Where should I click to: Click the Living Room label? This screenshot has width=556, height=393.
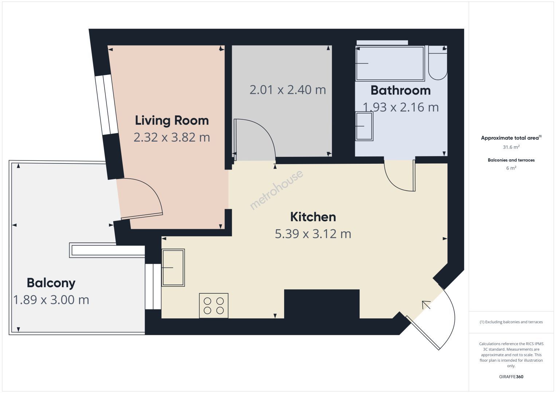(172, 120)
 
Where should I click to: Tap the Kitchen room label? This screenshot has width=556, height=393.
(313, 217)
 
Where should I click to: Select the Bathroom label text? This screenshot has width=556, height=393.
(401, 90)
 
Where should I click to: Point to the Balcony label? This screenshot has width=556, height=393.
(51, 283)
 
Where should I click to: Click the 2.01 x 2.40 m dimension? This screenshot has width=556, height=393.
(288, 90)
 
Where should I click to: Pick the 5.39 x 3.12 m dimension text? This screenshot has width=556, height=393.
(313, 234)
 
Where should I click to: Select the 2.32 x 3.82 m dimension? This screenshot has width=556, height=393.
(172, 137)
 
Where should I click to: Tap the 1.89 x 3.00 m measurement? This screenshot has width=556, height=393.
(51, 300)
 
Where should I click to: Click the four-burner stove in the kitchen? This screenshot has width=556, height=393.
(214, 306)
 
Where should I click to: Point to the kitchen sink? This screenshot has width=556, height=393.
(173, 267)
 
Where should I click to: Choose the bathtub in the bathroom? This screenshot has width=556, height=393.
(390, 63)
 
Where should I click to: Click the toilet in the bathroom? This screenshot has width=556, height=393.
(438, 63)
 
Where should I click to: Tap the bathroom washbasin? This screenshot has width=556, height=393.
(364, 126)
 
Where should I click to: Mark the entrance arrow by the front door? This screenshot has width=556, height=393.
(426, 305)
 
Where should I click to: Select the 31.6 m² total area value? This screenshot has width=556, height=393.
(511, 147)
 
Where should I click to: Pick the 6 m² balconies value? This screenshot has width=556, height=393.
(511, 168)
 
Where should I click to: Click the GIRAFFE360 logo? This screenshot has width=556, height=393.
(511, 377)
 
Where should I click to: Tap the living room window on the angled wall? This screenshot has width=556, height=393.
(106, 105)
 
